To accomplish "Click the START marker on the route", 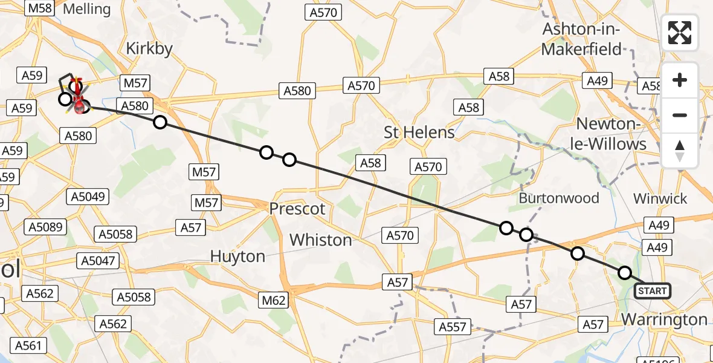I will (653, 291).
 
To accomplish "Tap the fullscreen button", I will (680, 33).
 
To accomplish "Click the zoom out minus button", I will (680, 115).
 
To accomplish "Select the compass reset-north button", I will (680, 150).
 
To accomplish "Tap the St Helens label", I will (419, 132).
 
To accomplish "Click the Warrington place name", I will (664, 319).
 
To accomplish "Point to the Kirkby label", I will (149, 49).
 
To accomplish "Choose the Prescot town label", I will (297, 209).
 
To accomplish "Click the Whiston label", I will (320, 240).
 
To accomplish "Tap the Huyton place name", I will (237, 257).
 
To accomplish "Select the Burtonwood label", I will (559, 198).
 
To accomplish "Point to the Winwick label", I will (660, 198).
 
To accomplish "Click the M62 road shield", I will (275, 299).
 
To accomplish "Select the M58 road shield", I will (41, 8).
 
